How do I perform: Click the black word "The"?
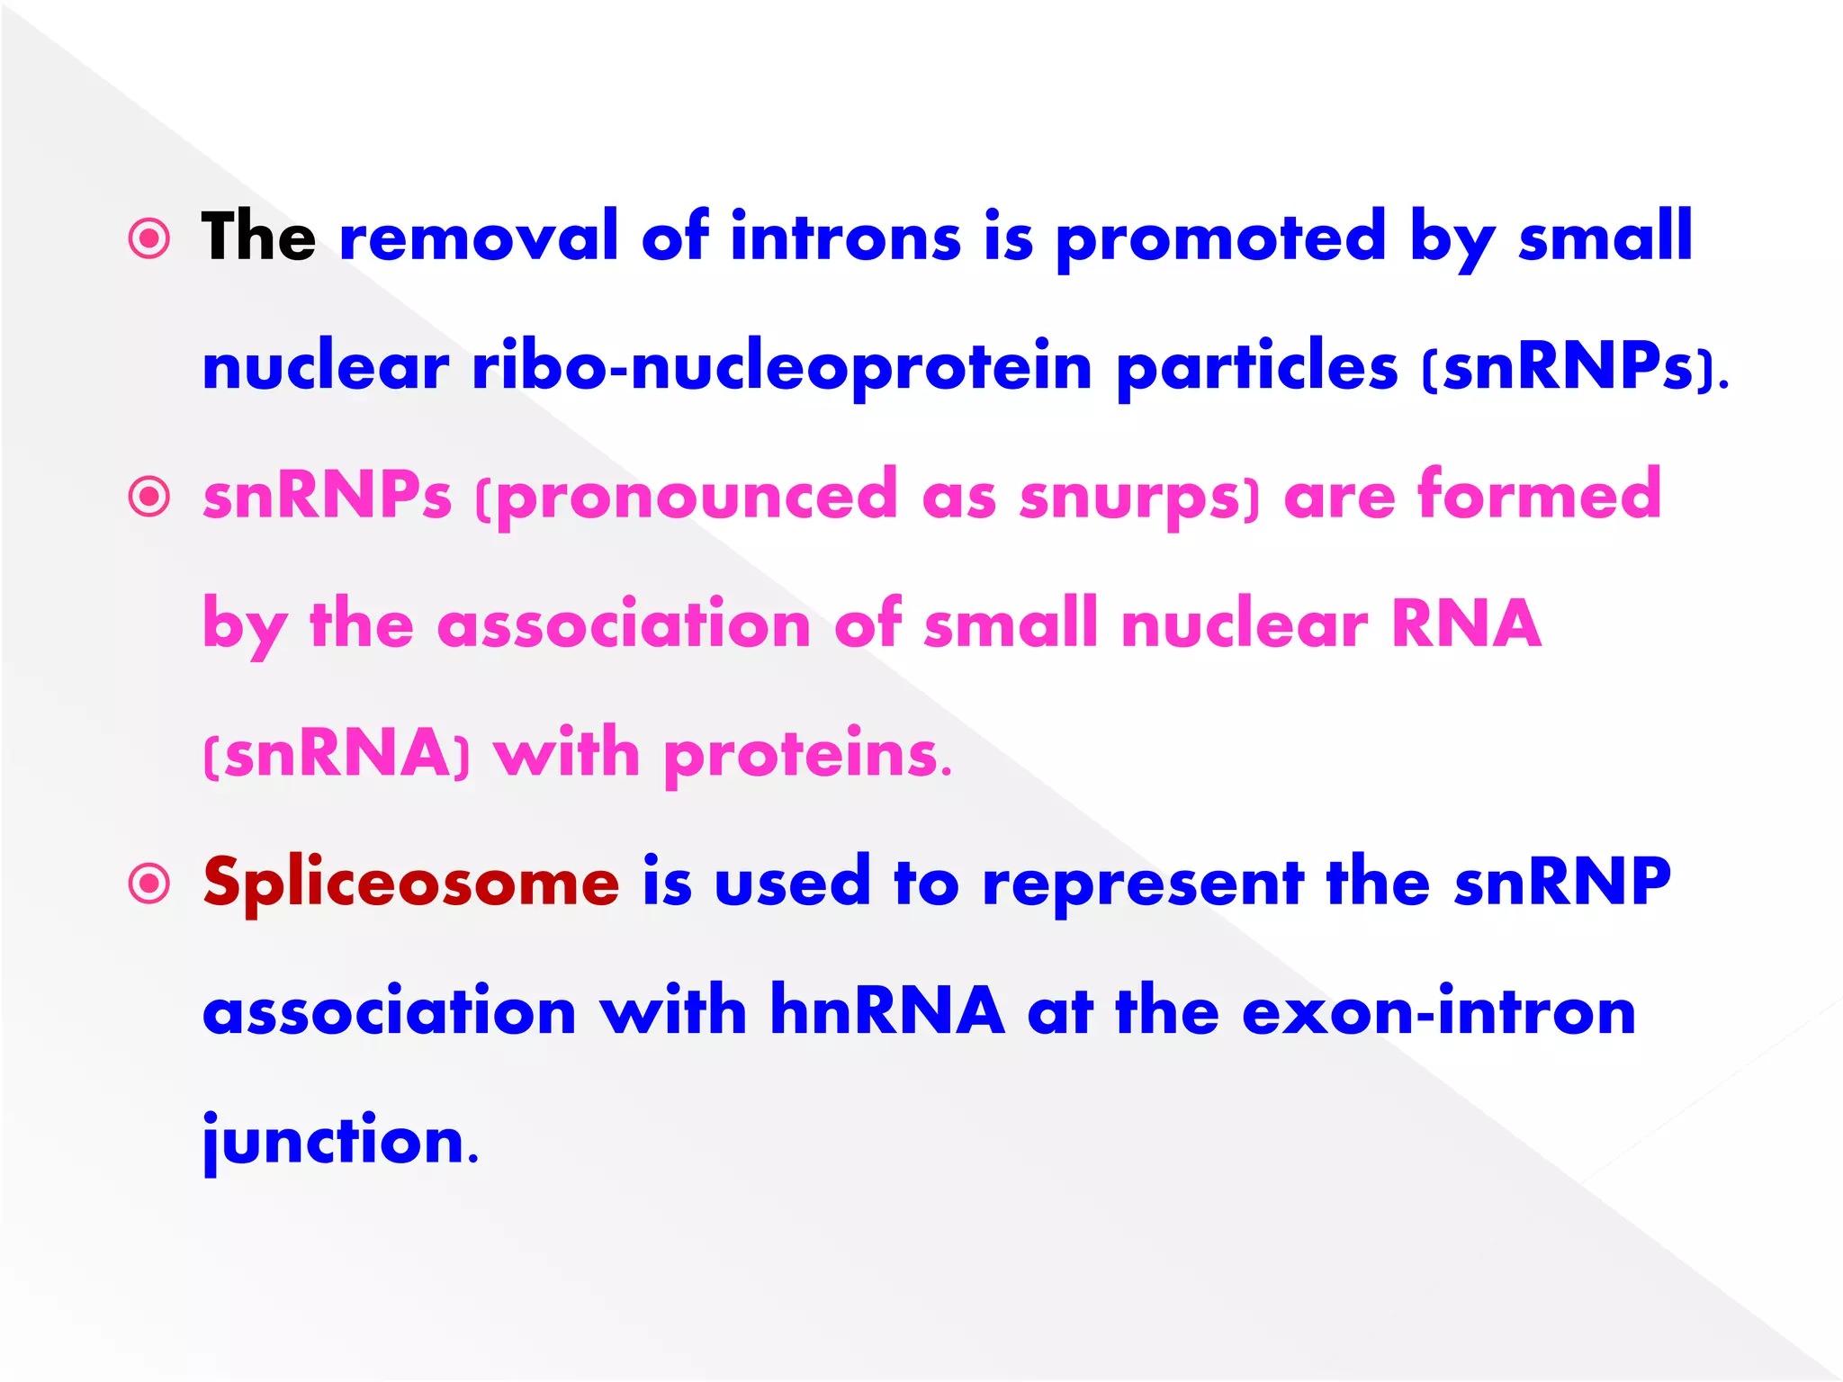point(258,237)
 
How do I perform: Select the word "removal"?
point(478,237)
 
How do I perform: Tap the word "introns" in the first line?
point(845,237)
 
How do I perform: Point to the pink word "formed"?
point(1540,495)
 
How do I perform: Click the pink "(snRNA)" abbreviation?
point(337,753)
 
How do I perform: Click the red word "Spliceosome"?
point(411,883)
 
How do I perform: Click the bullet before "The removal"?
point(149,239)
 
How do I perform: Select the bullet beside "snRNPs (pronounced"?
point(149,498)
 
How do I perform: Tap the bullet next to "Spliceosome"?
point(149,883)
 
